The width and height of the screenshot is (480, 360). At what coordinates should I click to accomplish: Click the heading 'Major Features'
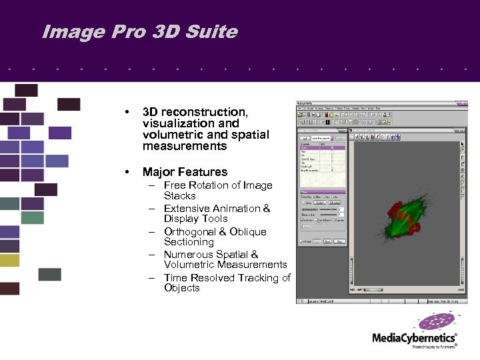pos(185,172)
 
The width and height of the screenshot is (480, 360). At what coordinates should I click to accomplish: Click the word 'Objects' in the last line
pos(181,288)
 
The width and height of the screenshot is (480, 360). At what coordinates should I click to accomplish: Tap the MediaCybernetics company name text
pos(414,338)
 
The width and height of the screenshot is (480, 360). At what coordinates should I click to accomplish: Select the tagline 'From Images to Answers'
pos(434,347)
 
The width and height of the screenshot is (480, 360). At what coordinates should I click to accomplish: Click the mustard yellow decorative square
pos(9,260)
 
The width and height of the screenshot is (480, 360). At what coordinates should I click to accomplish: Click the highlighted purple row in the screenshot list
pos(322,147)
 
